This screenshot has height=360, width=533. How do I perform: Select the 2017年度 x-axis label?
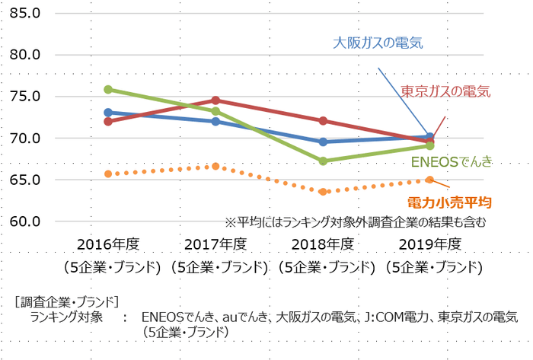coord(216,244)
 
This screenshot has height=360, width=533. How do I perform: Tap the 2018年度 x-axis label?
coord(324,244)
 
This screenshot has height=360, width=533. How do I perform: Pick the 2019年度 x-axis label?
coord(431,244)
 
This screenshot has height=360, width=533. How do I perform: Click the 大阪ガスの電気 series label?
coord(378,43)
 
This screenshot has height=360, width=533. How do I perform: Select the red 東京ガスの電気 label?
coord(445,91)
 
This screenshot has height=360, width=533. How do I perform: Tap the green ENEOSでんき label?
coord(452,161)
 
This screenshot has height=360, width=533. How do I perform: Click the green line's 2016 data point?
coord(108,90)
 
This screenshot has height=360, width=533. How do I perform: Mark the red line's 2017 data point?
coord(216,100)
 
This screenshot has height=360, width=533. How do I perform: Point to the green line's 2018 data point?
coord(324,161)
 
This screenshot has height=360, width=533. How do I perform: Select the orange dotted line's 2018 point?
coord(324,192)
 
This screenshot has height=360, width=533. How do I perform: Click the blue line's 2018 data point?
coord(324,142)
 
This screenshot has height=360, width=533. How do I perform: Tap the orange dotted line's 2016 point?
coord(108,174)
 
